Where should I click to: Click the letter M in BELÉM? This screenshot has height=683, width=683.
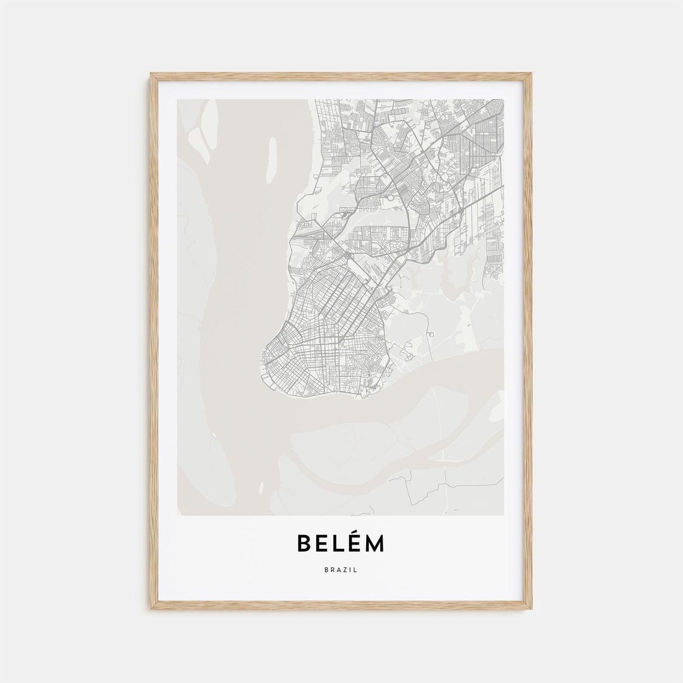point(376,544)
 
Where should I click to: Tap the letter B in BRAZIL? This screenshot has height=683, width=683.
point(325,570)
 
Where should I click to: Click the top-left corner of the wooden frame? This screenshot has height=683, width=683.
point(152,75)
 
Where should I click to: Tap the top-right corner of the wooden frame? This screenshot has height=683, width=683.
point(531,75)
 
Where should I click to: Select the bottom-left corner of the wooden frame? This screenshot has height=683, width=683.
point(152,608)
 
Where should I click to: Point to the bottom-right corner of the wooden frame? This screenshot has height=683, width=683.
point(531,608)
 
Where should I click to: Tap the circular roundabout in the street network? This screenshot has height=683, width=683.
point(390,197)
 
